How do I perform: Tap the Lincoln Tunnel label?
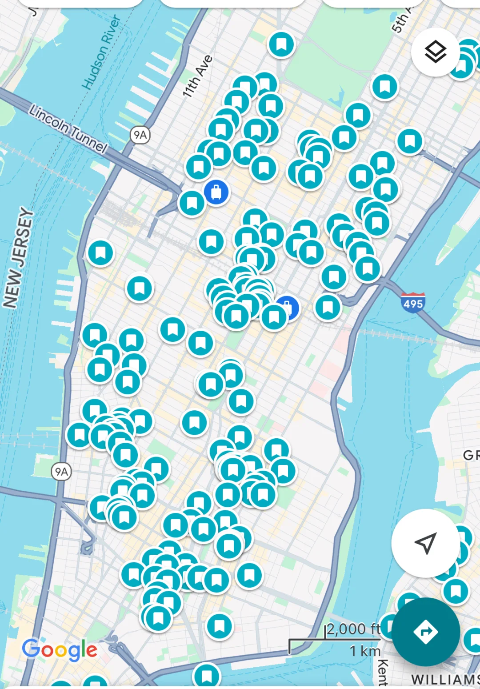pos(68,128)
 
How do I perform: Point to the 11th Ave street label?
pos(197,76)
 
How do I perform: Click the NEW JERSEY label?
pos(19,258)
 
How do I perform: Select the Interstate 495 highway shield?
pos(413,303)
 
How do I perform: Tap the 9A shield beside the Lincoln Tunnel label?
pos(140,135)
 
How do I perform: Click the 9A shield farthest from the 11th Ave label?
pos(61,472)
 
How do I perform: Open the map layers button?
pos(435,52)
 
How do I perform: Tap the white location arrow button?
pos(425,543)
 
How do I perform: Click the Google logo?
pos(60,650)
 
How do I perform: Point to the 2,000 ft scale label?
pos(354,629)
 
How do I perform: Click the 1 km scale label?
pos(365,651)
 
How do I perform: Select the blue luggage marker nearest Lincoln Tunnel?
pos(216,192)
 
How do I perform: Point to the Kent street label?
pos(382,672)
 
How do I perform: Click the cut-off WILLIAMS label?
pos(444,680)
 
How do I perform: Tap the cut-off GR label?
pos(471,455)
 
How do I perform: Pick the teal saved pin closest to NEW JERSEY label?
pos(100,253)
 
